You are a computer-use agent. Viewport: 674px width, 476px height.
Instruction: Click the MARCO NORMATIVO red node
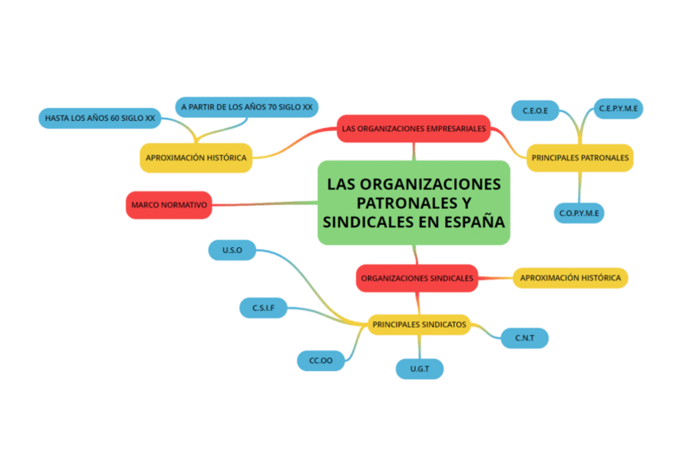click(x=168, y=205)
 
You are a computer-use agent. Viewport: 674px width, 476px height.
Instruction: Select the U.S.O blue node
click(x=232, y=250)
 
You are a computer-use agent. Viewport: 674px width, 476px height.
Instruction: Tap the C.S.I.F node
click(x=263, y=308)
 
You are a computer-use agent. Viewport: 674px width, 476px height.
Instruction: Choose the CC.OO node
click(x=320, y=361)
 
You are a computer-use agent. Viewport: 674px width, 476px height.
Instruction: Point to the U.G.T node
click(x=420, y=369)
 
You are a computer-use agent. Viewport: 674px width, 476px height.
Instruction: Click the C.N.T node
click(x=524, y=339)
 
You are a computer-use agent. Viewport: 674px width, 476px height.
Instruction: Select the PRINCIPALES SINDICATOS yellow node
click(x=419, y=324)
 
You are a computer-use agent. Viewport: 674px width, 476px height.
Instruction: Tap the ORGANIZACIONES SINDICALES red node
click(x=417, y=278)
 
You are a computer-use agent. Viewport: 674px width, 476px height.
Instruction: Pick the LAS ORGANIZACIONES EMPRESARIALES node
click(x=413, y=128)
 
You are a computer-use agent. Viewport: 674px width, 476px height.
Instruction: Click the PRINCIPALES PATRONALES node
click(x=579, y=157)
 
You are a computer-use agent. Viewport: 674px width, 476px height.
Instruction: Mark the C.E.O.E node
click(x=535, y=110)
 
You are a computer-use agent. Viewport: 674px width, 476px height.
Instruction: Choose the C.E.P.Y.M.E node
click(x=619, y=108)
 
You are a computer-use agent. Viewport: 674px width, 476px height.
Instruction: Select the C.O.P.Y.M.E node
click(x=579, y=213)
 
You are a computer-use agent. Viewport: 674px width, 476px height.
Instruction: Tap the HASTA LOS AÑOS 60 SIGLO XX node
click(x=99, y=118)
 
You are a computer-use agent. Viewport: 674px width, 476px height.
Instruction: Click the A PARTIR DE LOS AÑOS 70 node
click(x=246, y=106)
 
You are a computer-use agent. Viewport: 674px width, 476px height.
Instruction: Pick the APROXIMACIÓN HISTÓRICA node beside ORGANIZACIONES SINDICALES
click(x=570, y=278)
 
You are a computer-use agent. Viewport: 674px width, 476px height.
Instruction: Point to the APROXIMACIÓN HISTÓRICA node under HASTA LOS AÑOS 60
click(x=196, y=157)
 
